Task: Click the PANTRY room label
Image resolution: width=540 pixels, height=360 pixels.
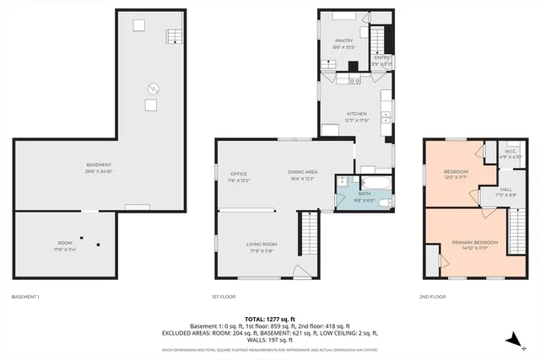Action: point(343,40)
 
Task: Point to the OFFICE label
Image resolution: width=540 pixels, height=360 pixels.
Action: point(239,174)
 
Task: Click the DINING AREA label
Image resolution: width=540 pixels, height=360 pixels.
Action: point(301,174)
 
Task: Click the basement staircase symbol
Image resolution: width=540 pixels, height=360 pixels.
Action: point(172,35)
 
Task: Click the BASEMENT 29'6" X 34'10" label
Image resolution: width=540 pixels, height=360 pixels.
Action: point(99,167)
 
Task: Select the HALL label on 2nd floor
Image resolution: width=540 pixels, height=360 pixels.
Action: point(506,192)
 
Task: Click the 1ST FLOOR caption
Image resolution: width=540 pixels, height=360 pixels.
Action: point(223,297)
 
